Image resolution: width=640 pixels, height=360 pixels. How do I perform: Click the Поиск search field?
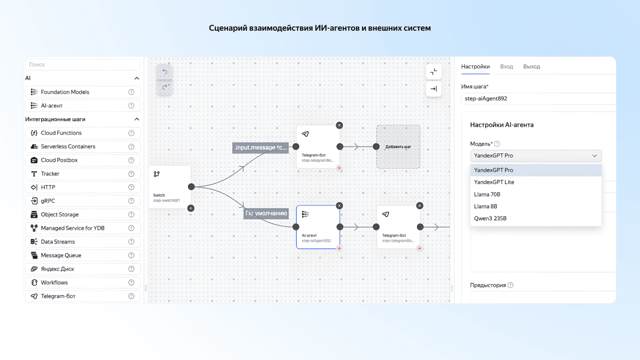pyautogui.click(x=83, y=64)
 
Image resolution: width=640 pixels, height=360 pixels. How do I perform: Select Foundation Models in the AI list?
pyautogui.click(x=65, y=92)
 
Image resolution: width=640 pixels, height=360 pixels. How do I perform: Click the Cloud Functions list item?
pyautogui.click(x=61, y=133)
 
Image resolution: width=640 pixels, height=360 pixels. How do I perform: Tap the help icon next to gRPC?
pyautogui.click(x=131, y=201)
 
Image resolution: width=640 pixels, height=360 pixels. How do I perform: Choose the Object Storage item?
pyautogui.click(x=60, y=214)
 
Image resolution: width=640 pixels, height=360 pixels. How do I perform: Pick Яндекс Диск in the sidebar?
pyautogui.click(x=58, y=269)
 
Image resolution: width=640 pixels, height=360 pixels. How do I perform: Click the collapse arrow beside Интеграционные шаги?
pyautogui.click(x=137, y=119)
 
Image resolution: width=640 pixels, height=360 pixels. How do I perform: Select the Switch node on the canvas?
pyautogui.click(x=169, y=186)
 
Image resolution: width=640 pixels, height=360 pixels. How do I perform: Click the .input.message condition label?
pyautogui.click(x=260, y=148)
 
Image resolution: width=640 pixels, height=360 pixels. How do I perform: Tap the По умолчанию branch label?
pyautogui.click(x=266, y=213)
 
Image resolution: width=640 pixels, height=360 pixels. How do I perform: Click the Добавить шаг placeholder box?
pyautogui.click(x=398, y=147)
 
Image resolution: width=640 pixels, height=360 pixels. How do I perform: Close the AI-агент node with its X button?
pyautogui.click(x=339, y=206)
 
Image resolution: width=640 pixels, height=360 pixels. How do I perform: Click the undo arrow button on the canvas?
pyautogui.click(x=164, y=72)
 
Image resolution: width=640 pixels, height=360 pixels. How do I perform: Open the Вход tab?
pyautogui.click(x=506, y=66)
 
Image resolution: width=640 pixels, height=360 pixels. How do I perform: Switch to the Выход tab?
pyautogui.click(x=532, y=66)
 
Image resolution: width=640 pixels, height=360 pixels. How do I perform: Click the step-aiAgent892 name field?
pyautogui.click(x=538, y=98)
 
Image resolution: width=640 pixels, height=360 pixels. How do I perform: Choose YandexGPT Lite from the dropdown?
pyautogui.click(x=494, y=182)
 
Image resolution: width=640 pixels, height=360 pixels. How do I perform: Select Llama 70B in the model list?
pyautogui.click(x=487, y=194)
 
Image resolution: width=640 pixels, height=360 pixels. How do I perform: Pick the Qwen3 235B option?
pyautogui.click(x=490, y=218)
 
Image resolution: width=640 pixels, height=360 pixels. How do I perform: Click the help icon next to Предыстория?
pyautogui.click(x=510, y=285)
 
